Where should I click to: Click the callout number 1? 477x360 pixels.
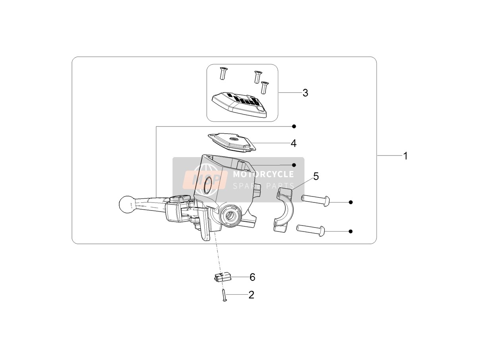[405, 156]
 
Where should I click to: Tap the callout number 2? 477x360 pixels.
[251, 295]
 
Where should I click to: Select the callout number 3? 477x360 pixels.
[305, 93]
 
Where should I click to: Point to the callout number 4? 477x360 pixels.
[294, 143]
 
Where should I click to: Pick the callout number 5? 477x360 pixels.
[316, 176]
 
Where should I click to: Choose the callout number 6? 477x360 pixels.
[252, 277]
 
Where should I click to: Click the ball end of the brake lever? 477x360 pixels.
[125, 204]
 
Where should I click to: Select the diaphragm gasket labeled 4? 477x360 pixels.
[232, 142]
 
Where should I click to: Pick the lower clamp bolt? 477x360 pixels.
[311, 230]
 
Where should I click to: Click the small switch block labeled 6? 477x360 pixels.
[221, 277]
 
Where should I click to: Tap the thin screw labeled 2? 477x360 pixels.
[224, 296]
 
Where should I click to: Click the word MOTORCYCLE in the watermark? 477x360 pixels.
[264, 174]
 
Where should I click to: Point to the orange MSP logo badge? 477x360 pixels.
[205, 179]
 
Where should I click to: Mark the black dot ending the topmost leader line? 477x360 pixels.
[294, 126]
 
